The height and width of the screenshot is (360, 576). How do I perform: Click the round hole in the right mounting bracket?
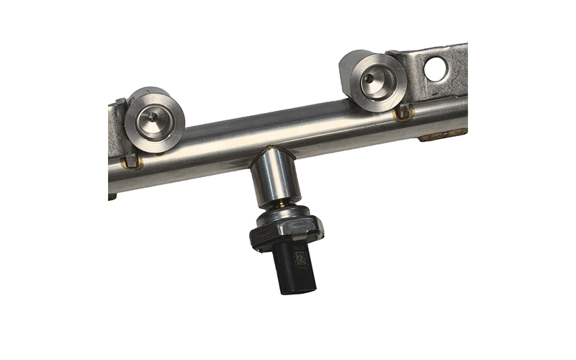coord(436,69)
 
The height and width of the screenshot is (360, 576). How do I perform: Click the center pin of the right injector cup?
coord(368,77)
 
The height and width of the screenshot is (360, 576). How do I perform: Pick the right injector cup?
coord(372,81)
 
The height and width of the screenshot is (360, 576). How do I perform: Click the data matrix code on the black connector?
coord(300,257)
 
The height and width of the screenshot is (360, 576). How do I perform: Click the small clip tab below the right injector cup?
coord(403,112)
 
